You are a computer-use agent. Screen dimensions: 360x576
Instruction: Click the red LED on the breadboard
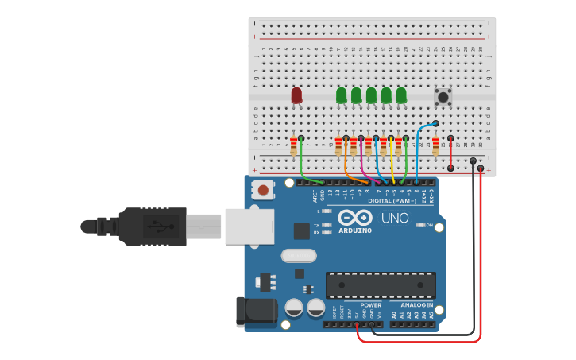click(x=296, y=95)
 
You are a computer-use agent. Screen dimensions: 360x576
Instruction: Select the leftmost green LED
click(x=342, y=95)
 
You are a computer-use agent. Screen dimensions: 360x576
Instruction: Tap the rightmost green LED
click(x=401, y=95)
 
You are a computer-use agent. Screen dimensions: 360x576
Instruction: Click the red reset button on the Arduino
click(x=262, y=190)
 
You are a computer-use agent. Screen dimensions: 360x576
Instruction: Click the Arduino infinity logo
click(x=354, y=217)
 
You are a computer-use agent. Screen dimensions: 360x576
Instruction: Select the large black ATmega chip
click(x=381, y=285)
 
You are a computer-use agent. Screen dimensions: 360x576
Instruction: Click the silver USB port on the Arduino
click(x=249, y=226)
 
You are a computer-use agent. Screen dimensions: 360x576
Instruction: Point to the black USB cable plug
click(x=151, y=226)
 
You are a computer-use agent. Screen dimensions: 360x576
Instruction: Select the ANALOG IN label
click(x=417, y=305)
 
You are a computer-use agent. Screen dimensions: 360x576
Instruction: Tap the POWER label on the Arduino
click(x=370, y=305)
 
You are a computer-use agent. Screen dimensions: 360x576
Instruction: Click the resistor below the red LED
click(x=293, y=146)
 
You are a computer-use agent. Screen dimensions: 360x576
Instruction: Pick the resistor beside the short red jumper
click(x=435, y=146)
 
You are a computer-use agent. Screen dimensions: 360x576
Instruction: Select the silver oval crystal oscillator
click(x=298, y=256)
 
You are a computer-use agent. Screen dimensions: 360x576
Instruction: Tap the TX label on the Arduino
click(x=316, y=226)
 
